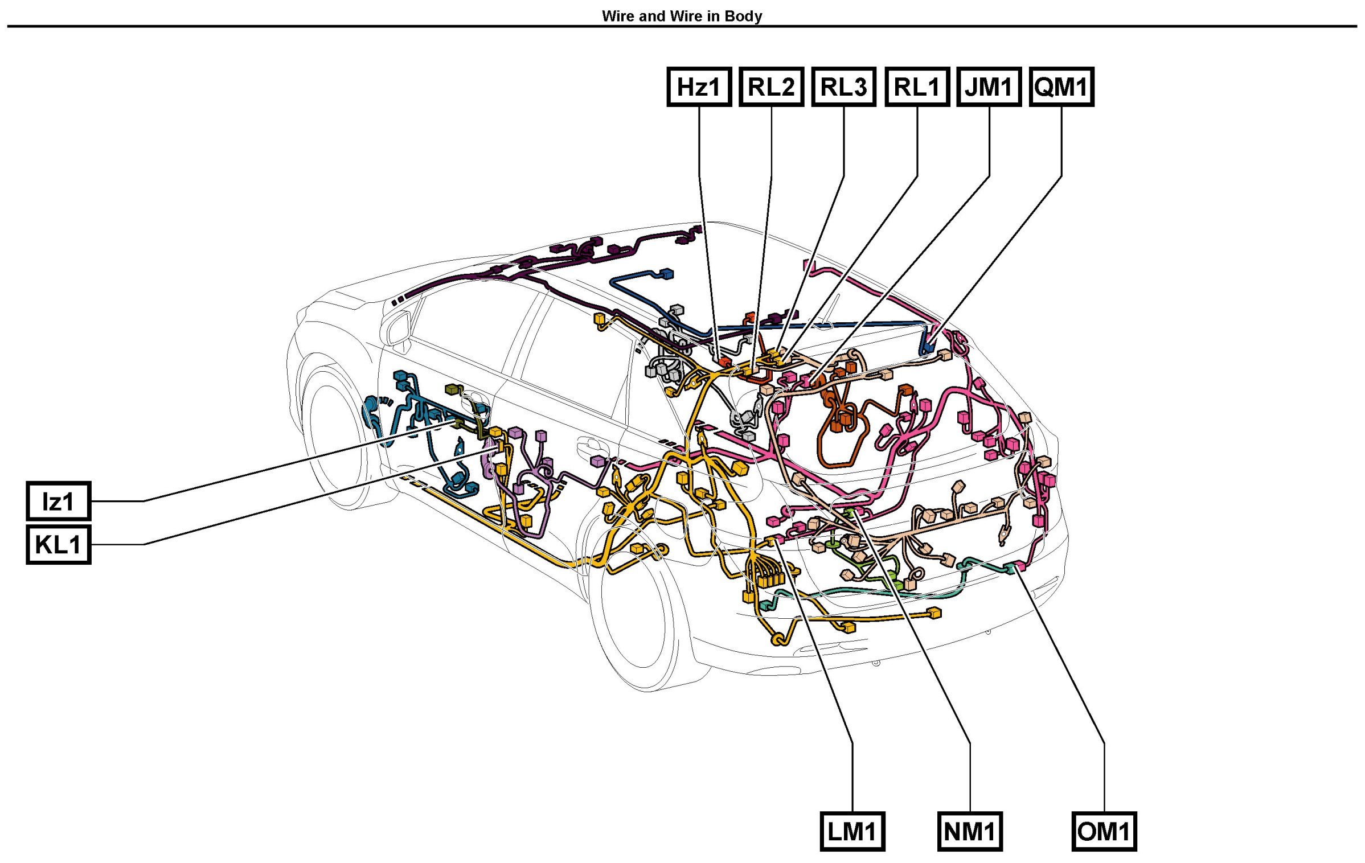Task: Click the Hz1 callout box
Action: pos(699,87)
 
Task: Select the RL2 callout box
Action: pos(771,87)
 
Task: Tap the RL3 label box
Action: pos(843,87)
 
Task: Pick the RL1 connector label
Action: pos(917,87)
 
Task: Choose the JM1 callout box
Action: pos(989,87)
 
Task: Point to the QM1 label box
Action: pos(1061,87)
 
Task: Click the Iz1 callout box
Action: pos(59,501)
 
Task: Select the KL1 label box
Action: pos(59,544)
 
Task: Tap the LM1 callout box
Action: pos(852,831)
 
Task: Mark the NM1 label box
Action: pos(970,831)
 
